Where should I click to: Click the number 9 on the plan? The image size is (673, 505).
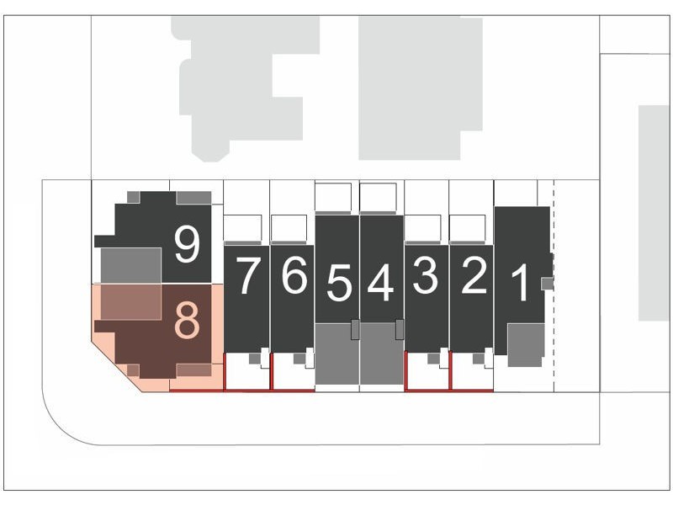[188, 244]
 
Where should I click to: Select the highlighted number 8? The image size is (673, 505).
[187, 321]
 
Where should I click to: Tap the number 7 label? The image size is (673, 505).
[248, 276]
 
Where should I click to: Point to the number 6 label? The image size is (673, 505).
[294, 275]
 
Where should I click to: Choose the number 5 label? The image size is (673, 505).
[339, 282]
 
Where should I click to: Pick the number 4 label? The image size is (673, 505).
[381, 282]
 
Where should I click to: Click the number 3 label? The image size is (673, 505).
[426, 275]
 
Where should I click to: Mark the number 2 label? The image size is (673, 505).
[474, 275]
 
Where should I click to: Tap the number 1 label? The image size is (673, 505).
[522, 283]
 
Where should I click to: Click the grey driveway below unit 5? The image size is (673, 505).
[337, 353]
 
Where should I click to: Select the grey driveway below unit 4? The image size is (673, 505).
[382, 353]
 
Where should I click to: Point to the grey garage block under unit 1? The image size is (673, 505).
[527, 345]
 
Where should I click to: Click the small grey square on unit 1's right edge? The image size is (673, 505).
[548, 284]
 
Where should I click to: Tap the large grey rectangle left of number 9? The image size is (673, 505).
[131, 265]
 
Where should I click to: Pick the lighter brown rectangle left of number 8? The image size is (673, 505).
[131, 302]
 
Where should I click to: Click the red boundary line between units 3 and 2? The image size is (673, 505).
[450, 370]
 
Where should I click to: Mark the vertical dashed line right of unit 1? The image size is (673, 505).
[554, 286]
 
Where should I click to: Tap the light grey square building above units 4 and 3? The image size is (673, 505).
[421, 88]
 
